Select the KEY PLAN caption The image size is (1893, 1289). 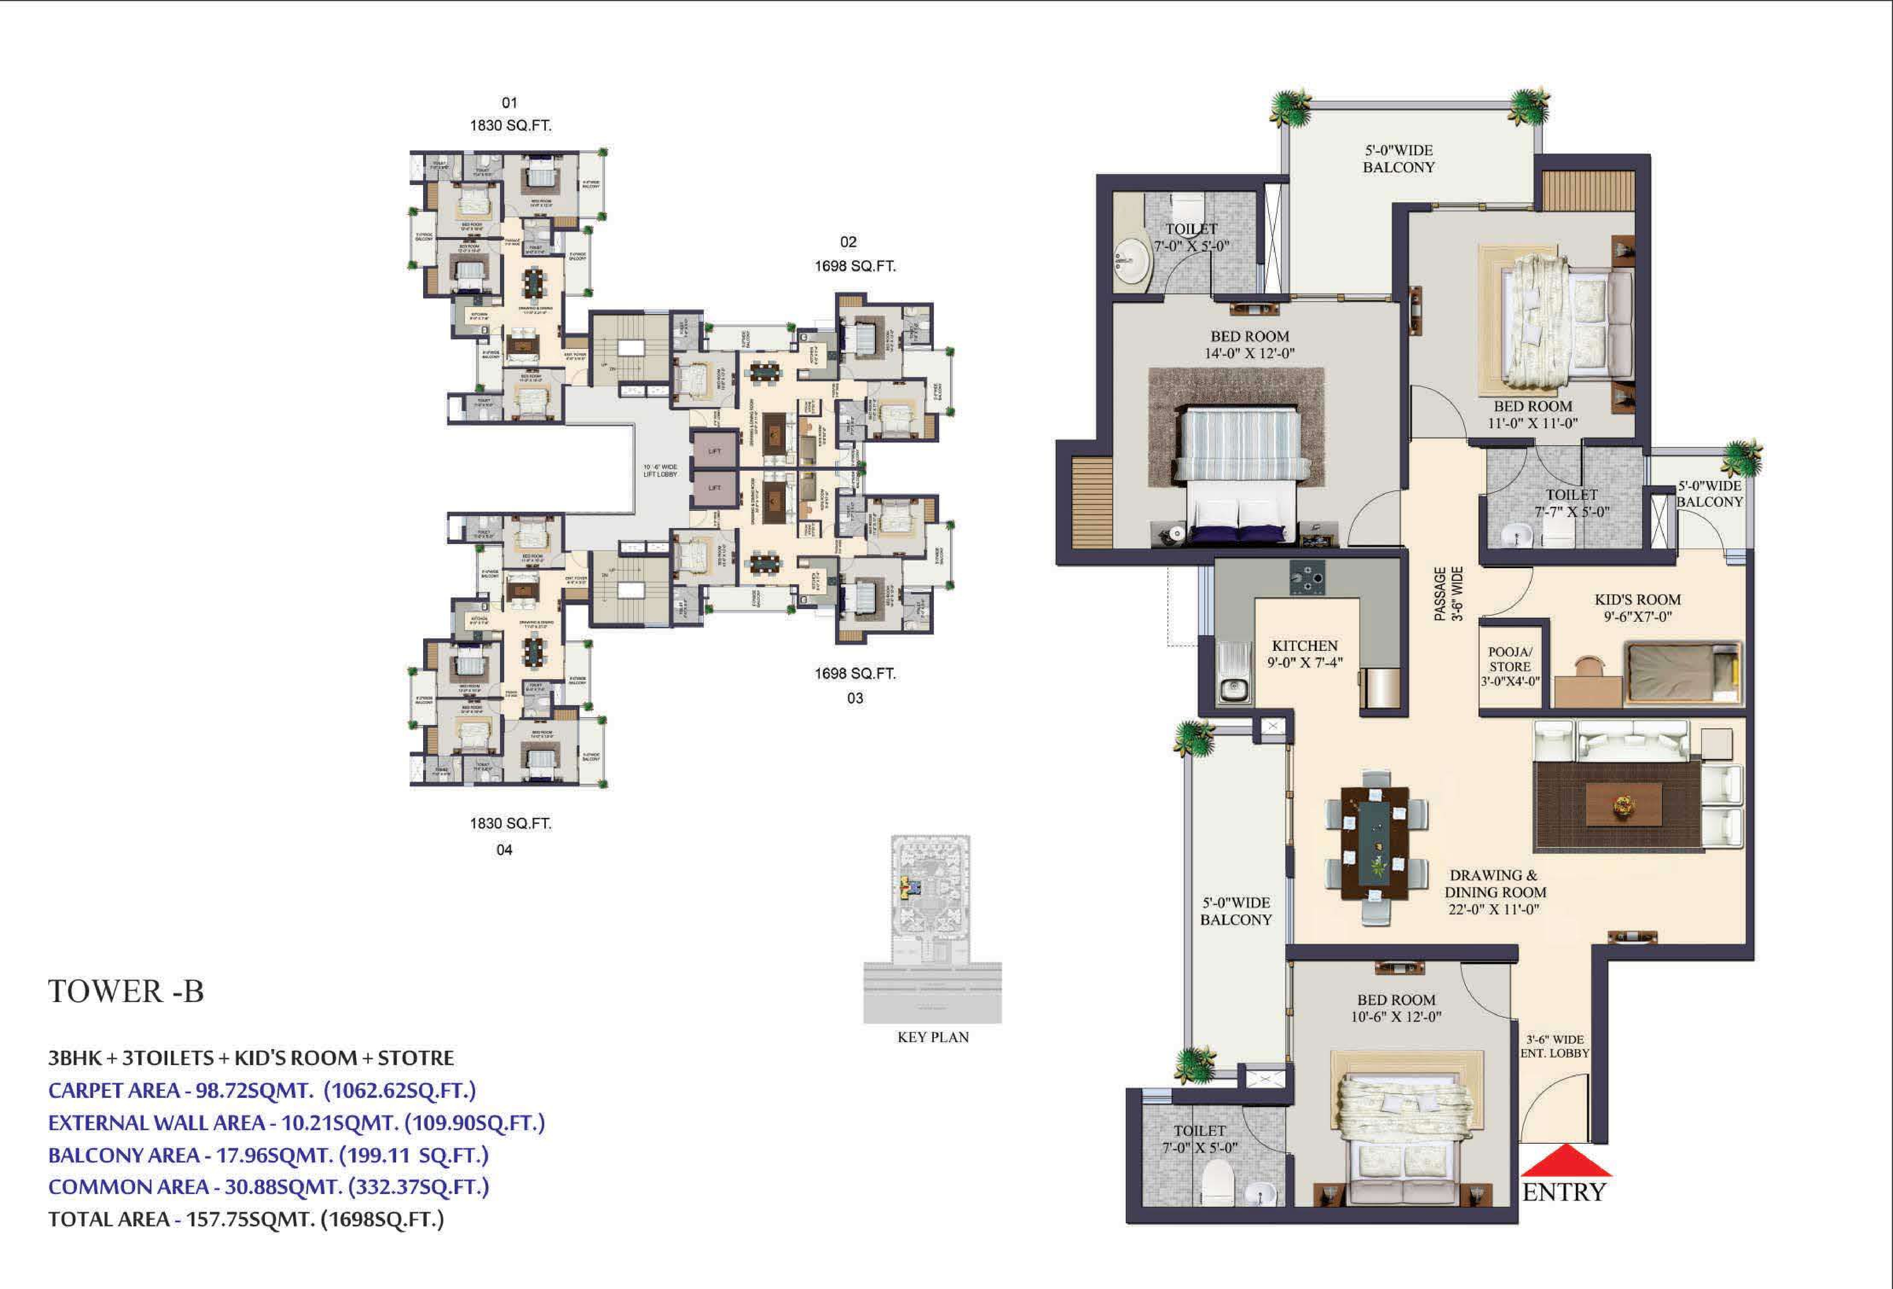click(933, 1037)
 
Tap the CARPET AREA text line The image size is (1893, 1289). click(261, 1090)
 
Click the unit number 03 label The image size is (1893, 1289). click(854, 698)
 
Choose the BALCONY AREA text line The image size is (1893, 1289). click(268, 1156)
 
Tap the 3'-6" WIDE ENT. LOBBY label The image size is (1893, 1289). click(1554, 1046)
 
